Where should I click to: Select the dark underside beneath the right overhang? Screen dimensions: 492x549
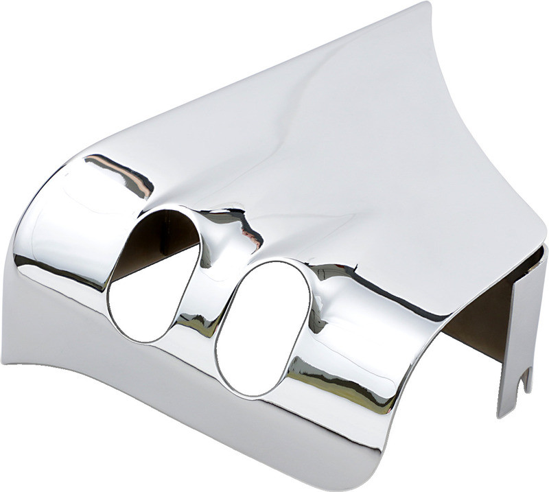click(x=480, y=309)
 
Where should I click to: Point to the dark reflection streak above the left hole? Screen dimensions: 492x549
click(x=120, y=172)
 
